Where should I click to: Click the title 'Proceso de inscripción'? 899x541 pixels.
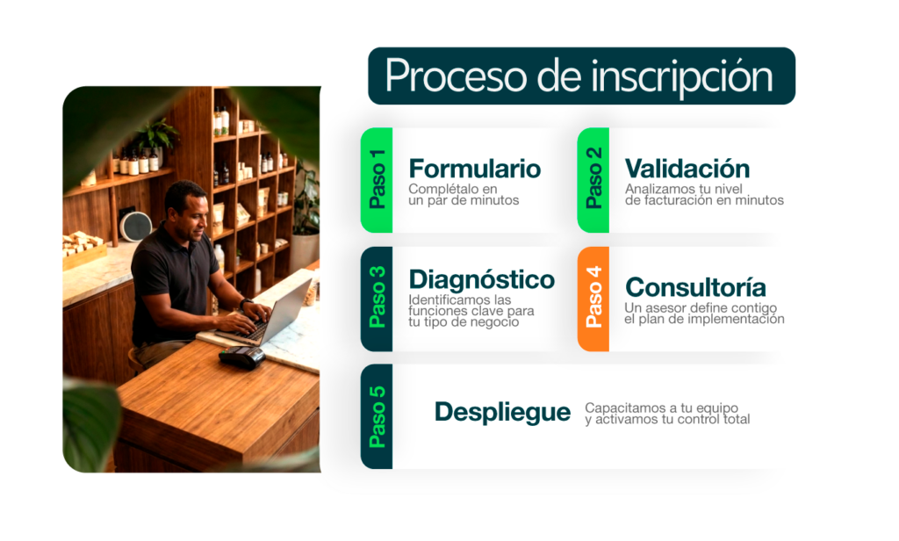(x=579, y=77)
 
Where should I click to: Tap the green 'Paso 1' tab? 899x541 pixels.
(x=377, y=180)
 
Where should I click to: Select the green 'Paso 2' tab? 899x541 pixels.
(x=593, y=180)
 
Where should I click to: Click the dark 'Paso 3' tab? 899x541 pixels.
(x=377, y=299)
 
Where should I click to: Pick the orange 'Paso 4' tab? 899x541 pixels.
(x=593, y=299)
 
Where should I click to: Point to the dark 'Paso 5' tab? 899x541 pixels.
(x=377, y=416)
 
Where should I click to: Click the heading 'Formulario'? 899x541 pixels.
(x=475, y=169)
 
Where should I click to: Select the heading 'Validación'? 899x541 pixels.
(x=687, y=169)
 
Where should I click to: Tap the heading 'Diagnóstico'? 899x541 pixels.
(x=482, y=280)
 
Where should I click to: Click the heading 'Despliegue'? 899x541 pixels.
(x=502, y=413)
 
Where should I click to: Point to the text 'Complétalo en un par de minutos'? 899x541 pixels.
(x=464, y=194)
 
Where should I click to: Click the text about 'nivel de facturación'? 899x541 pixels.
(x=704, y=194)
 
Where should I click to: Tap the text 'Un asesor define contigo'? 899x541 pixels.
(x=701, y=308)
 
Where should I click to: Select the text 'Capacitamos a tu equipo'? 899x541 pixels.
(x=662, y=408)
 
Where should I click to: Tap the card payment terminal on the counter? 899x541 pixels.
(x=242, y=357)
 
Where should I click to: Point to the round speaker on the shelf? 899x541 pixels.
(x=135, y=226)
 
